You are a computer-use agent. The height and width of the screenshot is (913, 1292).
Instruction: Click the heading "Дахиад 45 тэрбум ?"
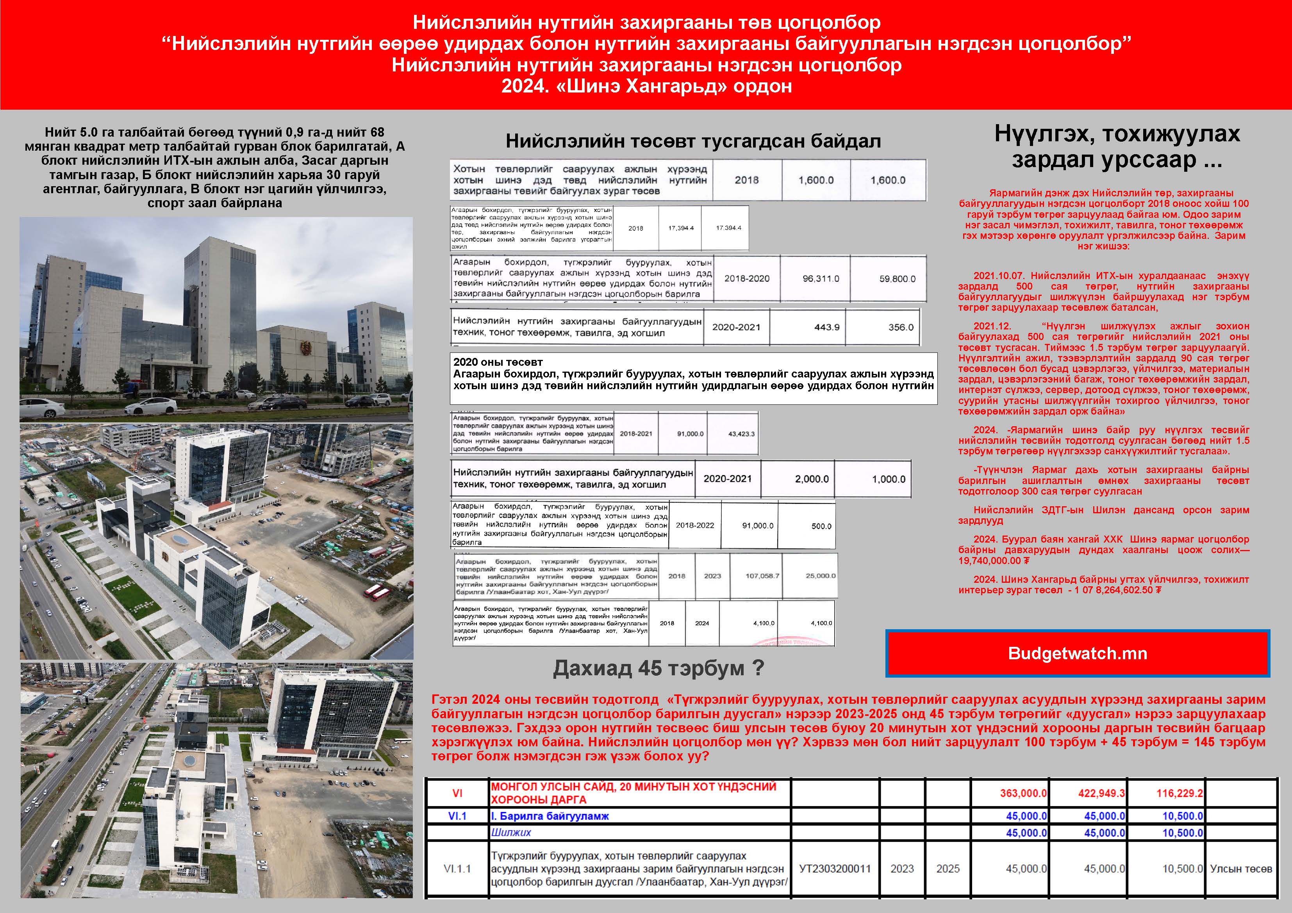[x=658, y=668]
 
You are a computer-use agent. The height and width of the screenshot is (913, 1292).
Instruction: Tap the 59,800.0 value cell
[x=897, y=278]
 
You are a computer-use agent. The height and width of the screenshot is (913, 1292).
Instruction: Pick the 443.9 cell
[x=826, y=327]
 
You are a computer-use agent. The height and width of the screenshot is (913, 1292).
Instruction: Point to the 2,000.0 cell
[x=812, y=479]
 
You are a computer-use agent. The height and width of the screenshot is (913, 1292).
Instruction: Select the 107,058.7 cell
[x=762, y=575]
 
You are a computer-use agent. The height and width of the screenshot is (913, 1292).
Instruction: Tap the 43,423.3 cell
[x=741, y=434]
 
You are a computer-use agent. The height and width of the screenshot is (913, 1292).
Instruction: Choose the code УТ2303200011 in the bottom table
[x=835, y=869]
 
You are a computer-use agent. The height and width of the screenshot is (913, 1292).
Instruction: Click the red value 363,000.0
[x=1023, y=793]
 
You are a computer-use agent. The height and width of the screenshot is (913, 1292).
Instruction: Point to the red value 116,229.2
[x=1180, y=793]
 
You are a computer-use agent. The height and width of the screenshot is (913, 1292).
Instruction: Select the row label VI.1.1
[x=457, y=869]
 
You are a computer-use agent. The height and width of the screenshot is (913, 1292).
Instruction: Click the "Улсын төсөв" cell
[x=1241, y=869]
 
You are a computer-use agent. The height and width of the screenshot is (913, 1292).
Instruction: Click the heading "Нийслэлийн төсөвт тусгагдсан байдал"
[x=693, y=141]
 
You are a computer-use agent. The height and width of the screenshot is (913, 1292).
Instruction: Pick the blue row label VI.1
[x=457, y=816]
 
